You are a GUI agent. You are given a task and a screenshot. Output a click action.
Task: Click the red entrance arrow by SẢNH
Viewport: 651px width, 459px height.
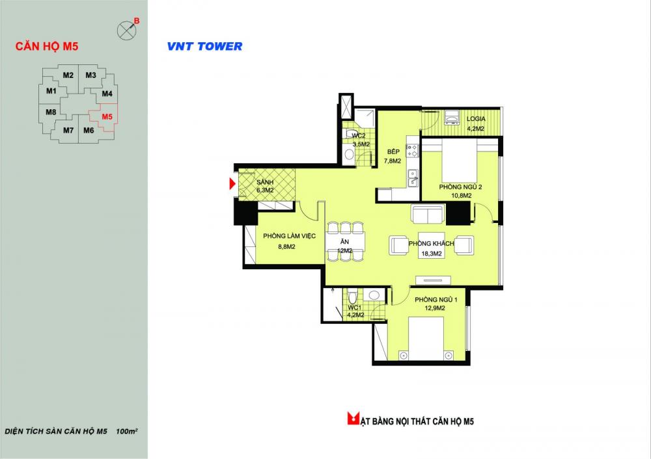coord(232,183)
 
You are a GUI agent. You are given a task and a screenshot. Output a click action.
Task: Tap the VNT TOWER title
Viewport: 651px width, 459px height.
coord(204,46)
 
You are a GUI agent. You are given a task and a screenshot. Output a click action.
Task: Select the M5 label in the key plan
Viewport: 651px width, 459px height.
coord(107,116)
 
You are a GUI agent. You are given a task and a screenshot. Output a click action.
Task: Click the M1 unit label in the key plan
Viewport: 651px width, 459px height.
coord(51,91)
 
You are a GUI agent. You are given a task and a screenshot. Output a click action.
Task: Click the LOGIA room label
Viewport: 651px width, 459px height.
coord(476,118)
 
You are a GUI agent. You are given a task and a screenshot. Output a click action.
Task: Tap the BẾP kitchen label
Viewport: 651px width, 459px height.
coord(393,151)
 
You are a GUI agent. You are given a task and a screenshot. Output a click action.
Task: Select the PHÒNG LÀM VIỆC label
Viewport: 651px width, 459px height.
coord(290,236)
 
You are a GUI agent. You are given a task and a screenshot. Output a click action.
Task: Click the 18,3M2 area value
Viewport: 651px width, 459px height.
coord(432,254)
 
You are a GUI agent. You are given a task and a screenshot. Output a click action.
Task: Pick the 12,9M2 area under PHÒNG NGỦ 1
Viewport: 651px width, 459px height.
coord(435,308)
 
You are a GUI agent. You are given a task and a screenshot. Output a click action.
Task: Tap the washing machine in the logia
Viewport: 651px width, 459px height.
coord(451,117)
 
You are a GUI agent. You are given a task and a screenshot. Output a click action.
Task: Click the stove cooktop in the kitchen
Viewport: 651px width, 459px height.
coord(412,151)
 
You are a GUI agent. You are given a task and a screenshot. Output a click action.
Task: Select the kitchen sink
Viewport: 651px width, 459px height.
coord(413,178)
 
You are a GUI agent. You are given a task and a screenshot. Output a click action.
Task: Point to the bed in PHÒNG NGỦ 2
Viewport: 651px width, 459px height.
coord(459,160)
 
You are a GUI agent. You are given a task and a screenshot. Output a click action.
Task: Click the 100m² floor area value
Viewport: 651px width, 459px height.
coord(127,431)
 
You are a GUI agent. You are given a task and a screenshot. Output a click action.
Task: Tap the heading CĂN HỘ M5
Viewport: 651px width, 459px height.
coord(47,46)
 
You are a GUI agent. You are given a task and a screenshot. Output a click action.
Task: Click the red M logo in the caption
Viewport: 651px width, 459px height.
coord(353,418)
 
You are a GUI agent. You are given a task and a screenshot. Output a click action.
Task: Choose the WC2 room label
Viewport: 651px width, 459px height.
coord(359,136)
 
